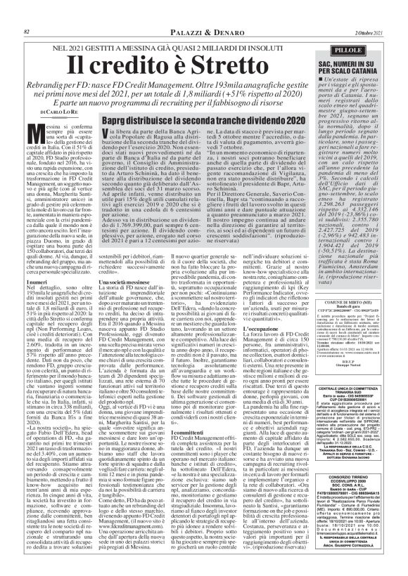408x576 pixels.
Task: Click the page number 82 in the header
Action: tap(27, 12)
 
